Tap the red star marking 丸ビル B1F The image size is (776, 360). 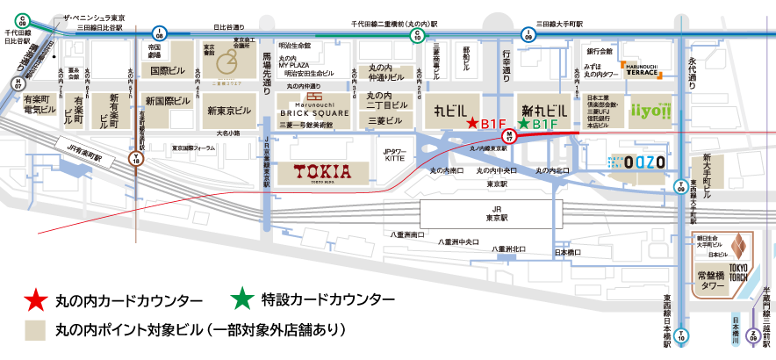(472, 124)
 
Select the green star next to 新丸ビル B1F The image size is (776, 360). (523, 124)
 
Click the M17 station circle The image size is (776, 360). (508, 135)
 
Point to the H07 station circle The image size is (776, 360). (18, 83)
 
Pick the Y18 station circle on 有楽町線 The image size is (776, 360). (135, 160)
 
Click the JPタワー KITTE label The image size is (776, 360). (397, 156)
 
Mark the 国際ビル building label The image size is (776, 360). (166, 69)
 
